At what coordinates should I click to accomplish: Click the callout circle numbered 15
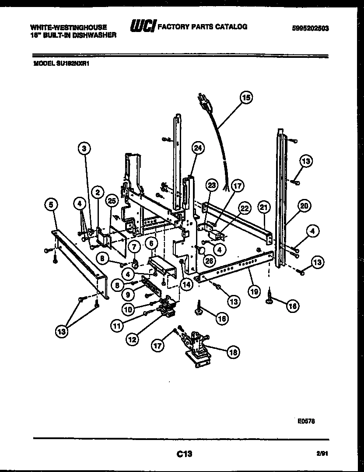pyautogui.click(x=246, y=99)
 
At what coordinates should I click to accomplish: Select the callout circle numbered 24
pyautogui.click(x=198, y=149)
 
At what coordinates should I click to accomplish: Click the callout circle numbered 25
pyautogui.click(x=112, y=201)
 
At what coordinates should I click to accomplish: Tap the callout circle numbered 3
pyautogui.click(x=86, y=149)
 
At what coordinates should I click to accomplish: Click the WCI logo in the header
pyautogui.click(x=142, y=27)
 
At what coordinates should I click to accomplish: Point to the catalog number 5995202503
pyautogui.click(x=311, y=28)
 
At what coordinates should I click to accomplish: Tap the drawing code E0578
pyautogui.click(x=306, y=421)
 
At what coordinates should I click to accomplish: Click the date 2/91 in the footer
pyautogui.click(x=322, y=454)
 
